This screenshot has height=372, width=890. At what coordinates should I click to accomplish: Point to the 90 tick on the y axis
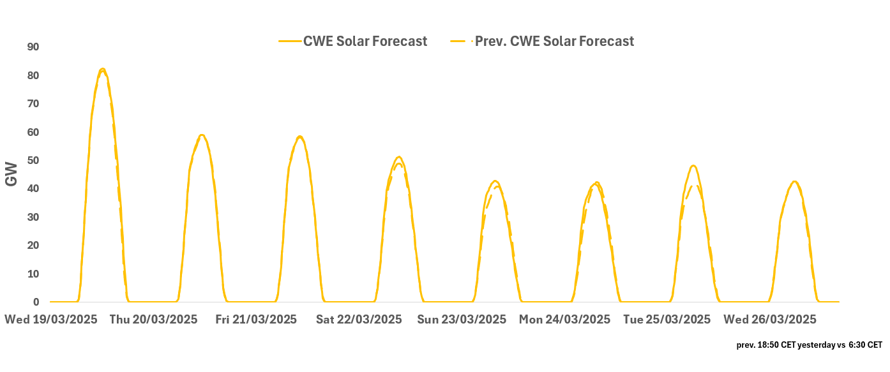coord(33,47)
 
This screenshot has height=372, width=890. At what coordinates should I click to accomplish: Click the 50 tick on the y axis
coord(33,160)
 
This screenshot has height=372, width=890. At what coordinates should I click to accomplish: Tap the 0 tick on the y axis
coord(36,302)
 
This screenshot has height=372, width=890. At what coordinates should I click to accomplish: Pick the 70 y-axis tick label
coord(33,103)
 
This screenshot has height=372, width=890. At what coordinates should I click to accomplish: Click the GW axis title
coord(11,174)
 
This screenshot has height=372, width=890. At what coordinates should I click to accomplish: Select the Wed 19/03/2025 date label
coord(51,319)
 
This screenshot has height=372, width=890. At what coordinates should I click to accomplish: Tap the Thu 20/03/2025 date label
coord(153,319)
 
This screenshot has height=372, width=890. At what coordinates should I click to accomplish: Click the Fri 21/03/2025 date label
coord(256,319)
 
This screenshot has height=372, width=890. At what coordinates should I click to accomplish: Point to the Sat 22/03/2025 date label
coord(359,319)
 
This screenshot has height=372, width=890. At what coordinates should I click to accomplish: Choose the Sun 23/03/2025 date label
coord(462,319)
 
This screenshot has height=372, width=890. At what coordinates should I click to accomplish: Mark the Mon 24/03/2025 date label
coord(564,319)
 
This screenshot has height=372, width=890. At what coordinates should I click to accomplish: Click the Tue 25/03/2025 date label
coord(667,319)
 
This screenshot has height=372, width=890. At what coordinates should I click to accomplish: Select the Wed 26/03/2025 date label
coord(769,319)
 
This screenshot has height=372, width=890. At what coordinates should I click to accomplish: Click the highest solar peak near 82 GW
coord(102,69)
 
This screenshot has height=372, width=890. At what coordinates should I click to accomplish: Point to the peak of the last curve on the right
coord(794,182)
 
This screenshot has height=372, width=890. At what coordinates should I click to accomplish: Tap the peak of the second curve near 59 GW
coord(202,135)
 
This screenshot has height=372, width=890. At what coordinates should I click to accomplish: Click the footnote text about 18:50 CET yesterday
coord(809,345)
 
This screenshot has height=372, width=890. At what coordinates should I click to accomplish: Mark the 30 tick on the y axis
coord(33,217)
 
